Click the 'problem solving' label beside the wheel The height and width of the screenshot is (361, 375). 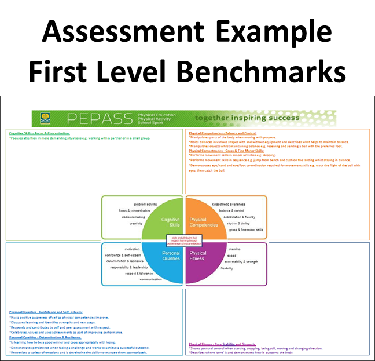pos(144,205)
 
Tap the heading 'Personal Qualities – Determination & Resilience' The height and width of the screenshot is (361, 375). pos(45,337)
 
